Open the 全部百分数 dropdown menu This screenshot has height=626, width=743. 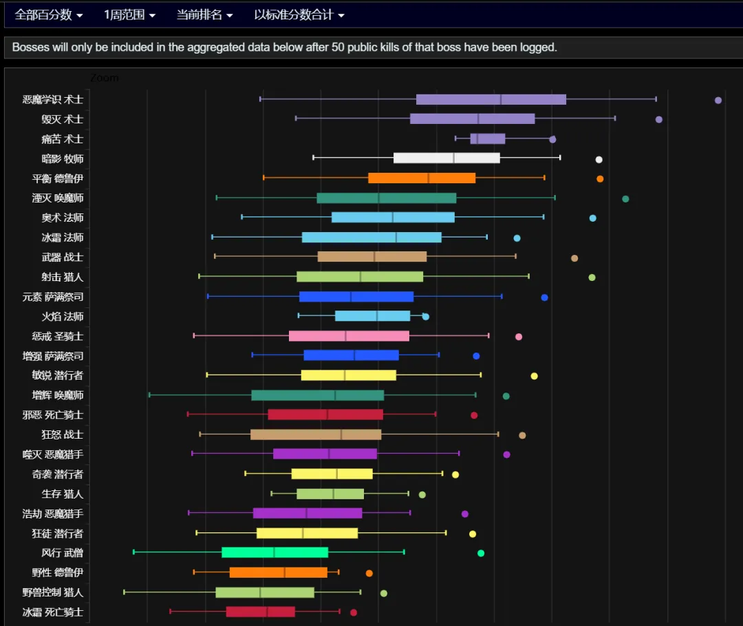tap(48, 15)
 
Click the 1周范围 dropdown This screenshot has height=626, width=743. tap(129, 15)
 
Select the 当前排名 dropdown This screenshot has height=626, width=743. tap(204, 15)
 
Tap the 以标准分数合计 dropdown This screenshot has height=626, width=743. tap(299, 15)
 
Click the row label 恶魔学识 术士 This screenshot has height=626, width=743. tap(52, 100)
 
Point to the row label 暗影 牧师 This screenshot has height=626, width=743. tap(62, 159)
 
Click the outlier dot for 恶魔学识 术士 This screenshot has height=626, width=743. tap(718, 100)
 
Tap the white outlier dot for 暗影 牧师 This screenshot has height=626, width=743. tap(599, 159)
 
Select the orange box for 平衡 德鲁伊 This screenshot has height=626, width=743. tap(422, 178)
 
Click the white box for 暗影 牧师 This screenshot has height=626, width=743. tap(446, 158)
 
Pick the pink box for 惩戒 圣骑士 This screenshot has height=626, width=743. tap(349, 336)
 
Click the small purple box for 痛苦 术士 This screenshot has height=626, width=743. tap(488, 138)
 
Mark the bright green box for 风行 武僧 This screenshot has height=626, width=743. tap(274, 552)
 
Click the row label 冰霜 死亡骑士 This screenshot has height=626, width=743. tap(52, 612)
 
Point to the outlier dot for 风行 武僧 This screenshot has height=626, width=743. tap(480, 553)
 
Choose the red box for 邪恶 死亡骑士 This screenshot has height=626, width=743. tap(325, 415)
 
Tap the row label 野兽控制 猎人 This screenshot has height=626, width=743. tap(52, 592)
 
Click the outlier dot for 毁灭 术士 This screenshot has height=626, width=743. tap(658, 120)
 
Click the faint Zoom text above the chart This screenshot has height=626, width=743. tap(105, 78)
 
